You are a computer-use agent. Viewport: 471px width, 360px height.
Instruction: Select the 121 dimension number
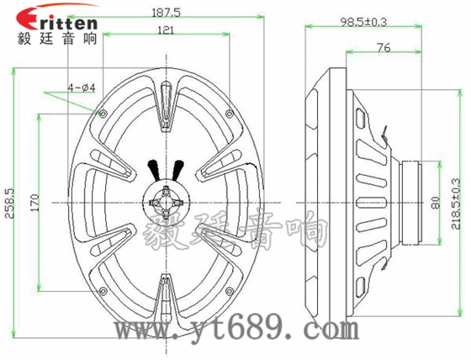coord(166,30)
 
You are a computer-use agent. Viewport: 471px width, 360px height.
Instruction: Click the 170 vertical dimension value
coord(34,203)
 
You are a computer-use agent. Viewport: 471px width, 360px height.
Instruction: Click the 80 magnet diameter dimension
coord(435,203)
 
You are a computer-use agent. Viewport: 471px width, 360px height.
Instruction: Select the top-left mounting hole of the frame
coord(103,113)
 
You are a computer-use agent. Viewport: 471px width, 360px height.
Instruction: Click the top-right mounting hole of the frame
coord(228,113)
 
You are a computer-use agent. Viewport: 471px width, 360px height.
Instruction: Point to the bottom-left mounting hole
coord(103,294)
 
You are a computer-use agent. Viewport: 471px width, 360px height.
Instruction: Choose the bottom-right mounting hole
coord(228,294)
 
